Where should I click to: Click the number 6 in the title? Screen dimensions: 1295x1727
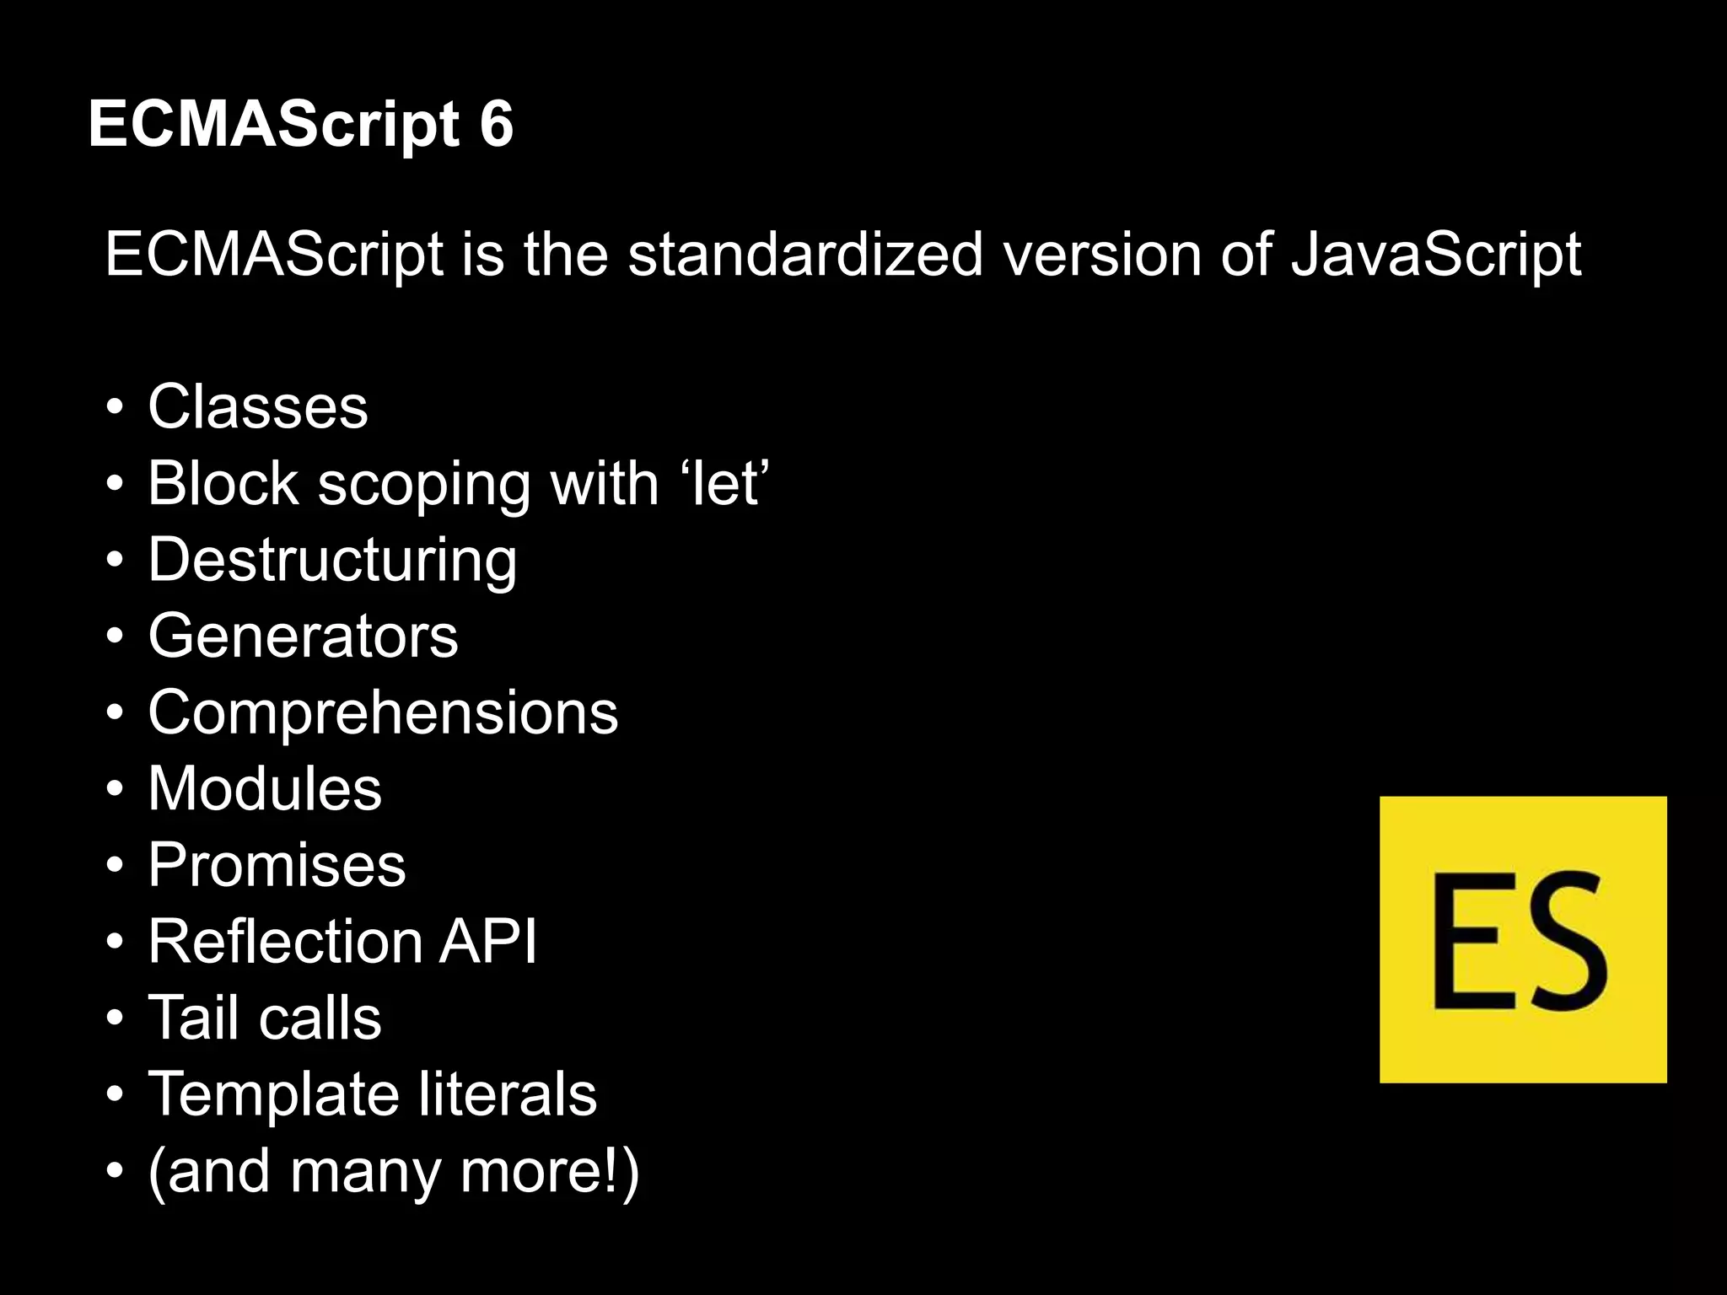point(496,125)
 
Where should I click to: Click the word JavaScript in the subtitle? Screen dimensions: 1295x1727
point(1436,255)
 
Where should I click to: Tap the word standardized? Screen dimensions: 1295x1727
point(805,255)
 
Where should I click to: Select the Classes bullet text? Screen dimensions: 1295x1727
point(258,407)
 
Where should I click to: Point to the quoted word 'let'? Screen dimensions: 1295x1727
point(728,484)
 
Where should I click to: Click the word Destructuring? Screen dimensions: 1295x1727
point(332,560)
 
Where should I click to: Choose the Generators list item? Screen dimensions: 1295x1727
point(303,637)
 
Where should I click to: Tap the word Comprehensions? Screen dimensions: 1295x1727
point(383,712)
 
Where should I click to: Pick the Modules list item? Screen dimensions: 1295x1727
point(265,789)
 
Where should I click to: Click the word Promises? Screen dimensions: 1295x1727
point(277,865)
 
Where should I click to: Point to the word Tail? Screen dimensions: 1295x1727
point(193,1018)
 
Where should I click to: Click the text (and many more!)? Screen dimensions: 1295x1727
point(394,1172)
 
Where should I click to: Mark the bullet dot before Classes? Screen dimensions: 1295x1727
point(116,409)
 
